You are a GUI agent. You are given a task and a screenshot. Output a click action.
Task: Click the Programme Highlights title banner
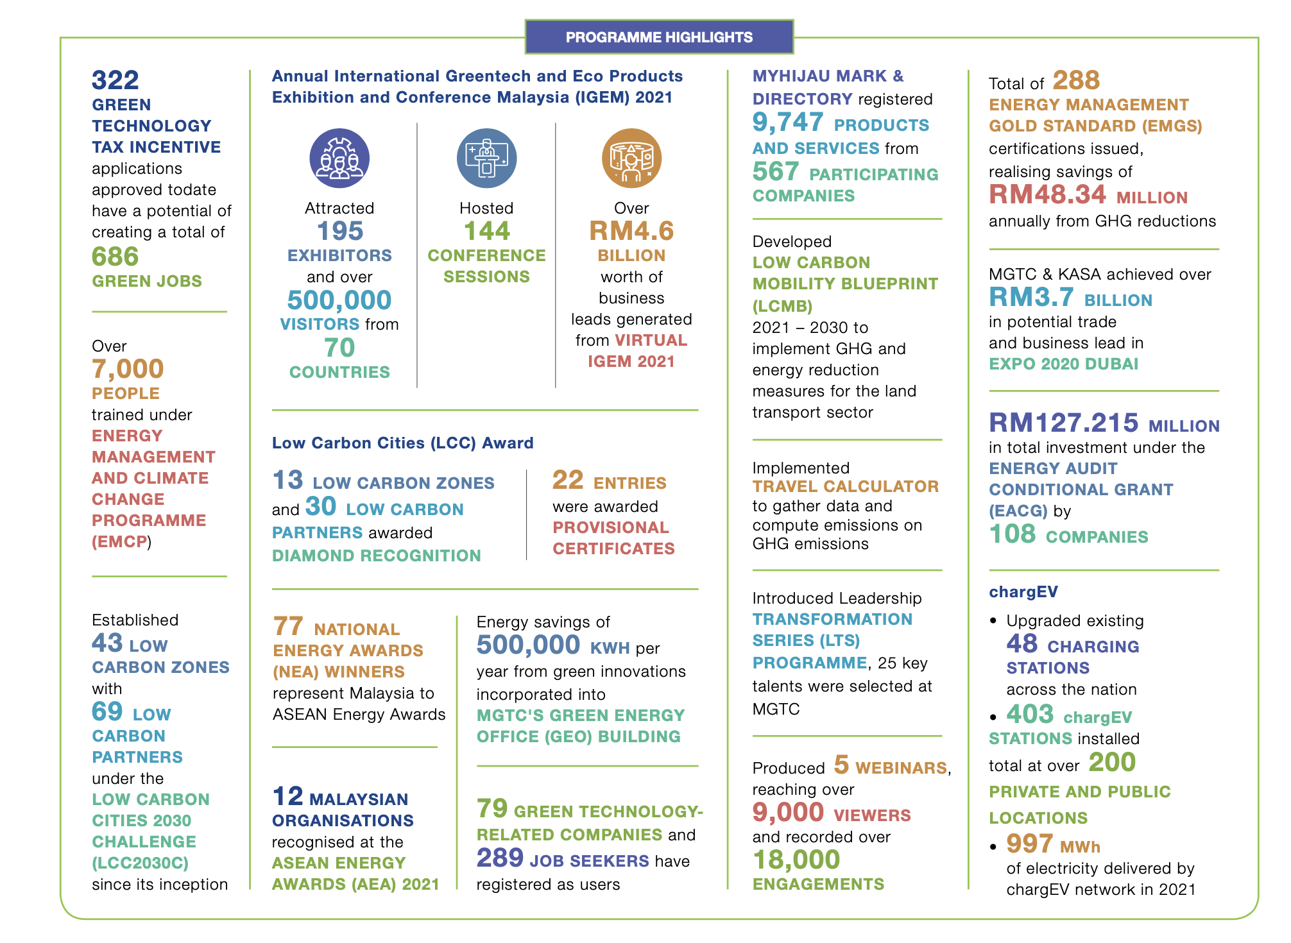click(x=659, y=37)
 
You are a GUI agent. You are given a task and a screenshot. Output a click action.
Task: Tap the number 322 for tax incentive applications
click(x=115, y=80)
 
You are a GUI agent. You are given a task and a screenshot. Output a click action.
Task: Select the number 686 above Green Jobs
click(x=115, y=257)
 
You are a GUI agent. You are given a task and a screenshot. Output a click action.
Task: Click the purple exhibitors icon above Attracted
click(x=339, y=158)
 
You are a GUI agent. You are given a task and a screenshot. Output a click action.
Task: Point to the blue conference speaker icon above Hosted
click(x=486, y=158)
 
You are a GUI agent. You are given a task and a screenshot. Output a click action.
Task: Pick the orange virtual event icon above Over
click(x=631, y=158)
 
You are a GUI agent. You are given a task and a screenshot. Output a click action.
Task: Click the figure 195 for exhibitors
click(x=340, y=231)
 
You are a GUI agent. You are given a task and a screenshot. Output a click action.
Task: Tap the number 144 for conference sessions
click(x=486, y=231)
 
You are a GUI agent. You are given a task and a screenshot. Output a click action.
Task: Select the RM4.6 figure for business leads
click(x=631, y=231)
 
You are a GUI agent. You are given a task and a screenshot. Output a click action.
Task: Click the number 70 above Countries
click(x=339, y=348)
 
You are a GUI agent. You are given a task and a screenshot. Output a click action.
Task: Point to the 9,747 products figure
click(x=788, y=122)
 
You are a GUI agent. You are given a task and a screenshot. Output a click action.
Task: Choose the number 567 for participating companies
click(x=776, y=172)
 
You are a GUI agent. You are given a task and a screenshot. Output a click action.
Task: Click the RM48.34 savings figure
click(x=1048, y=194)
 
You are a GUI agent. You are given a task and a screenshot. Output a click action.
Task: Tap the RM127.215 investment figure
click(x=1064, y=423)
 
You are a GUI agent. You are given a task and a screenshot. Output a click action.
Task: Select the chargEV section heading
click(x=1023, y=591)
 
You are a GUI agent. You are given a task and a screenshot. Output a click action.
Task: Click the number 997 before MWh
click(x=1030, y=844)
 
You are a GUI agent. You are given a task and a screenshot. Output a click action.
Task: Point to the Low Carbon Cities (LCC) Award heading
click(x=403, y=443)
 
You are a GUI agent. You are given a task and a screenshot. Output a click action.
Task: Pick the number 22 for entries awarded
click(x=568, y=480)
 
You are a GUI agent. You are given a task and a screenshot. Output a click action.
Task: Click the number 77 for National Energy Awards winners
click(x=288, y=626)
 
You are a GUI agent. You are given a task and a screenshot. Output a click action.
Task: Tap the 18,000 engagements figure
click(x=796, y=860)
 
